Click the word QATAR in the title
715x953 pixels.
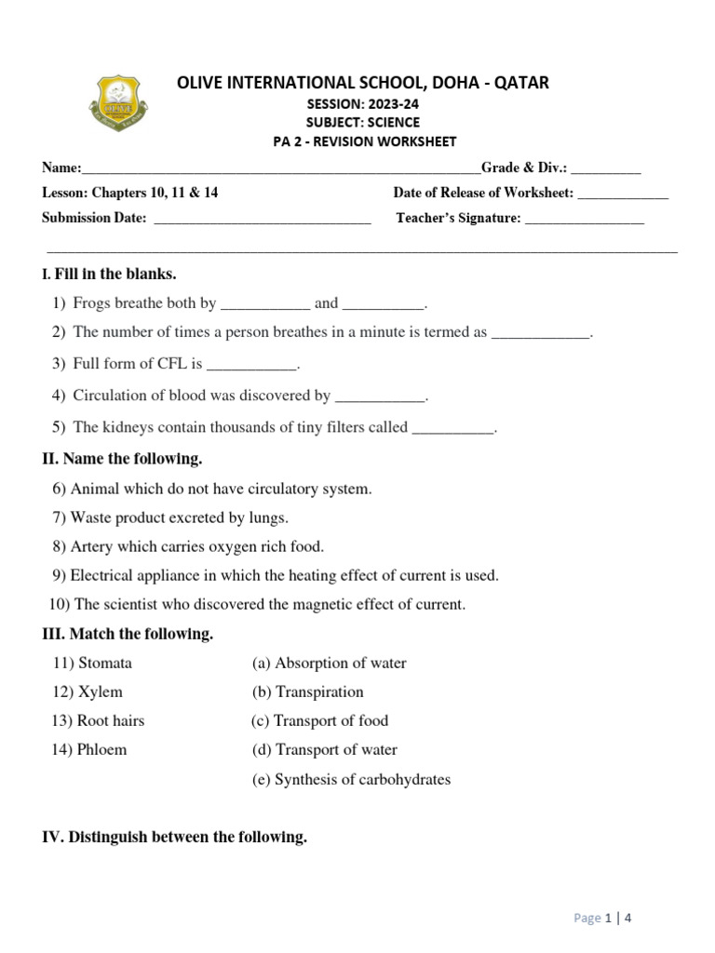[517, 83]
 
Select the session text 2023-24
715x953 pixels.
[391, 103]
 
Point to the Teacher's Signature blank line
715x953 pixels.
[585, 219]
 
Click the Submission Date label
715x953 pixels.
[94, 219]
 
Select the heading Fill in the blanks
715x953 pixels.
[115, 275]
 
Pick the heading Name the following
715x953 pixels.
[122, 459]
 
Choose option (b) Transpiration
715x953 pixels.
[307, 692]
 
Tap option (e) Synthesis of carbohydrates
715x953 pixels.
[351, 780]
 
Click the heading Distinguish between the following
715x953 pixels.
[175, 838]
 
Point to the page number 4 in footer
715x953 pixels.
[628, 919]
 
